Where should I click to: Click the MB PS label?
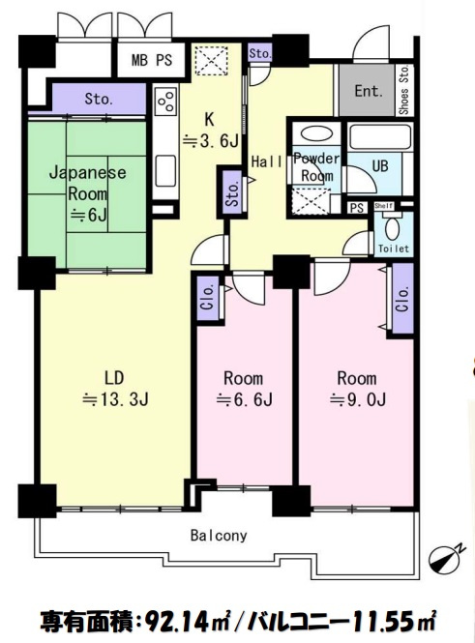coord(152,60)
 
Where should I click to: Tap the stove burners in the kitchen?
coord(166,101)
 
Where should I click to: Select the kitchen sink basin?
coord(166,170)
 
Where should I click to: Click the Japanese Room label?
coord(87,183)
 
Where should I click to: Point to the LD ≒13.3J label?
coord(115,389)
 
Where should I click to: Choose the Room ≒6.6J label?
coord(244,389)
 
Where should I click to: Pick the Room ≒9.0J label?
coord(357,389)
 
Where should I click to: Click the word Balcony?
coord(219,535)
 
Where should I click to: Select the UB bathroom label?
coord(380,166)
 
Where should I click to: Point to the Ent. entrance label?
coord(369,91)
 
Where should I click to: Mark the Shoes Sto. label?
coord(404,90)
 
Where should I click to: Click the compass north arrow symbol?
coord(446,558)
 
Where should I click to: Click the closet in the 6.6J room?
coord(208,298)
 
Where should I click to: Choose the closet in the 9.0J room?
coord(402,298)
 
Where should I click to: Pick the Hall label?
coord(267,161)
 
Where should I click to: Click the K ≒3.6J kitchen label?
coord(210,131)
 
